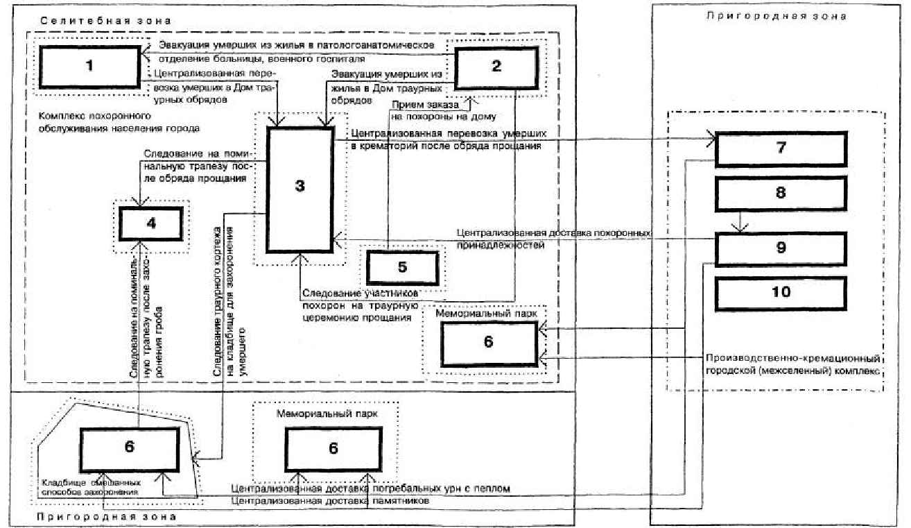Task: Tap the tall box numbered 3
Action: [300, 187]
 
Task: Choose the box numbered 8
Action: [781, 192]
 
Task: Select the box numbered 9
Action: [781, 248]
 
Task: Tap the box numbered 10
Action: [781, 292]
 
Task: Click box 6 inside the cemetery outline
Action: [129, 448]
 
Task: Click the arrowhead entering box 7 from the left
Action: [710, 139]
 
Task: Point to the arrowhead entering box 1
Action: [141, 55]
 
